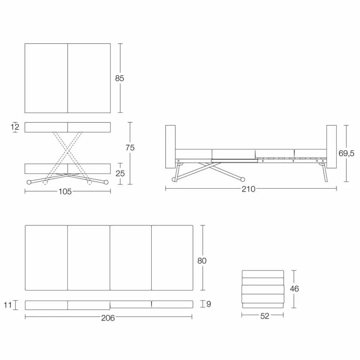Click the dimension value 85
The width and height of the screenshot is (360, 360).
[x=119, y=78]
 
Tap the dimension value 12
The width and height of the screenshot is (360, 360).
[x=15, y=127]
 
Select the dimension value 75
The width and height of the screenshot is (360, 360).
[x=130, y=148]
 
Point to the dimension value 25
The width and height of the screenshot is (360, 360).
[x=119, y=174]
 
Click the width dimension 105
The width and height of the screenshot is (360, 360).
[x=65, y=192]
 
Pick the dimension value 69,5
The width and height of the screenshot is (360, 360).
[x=346, y=153]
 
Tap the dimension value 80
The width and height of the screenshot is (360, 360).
[x=202, y=261]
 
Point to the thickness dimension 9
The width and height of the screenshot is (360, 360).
[x=208, y=304]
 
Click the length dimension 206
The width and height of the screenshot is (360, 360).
[x=108, y=318]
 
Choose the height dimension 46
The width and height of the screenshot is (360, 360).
[x=294, y=289]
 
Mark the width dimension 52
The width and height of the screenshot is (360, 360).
[x=265, y=316]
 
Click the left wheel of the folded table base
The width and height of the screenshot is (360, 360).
[x=29, y=182]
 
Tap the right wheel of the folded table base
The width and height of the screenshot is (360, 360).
[x=106, y=182]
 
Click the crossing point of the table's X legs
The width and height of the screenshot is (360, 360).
[x=67, y=150]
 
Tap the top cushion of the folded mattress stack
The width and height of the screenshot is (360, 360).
[x=263, y=274]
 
